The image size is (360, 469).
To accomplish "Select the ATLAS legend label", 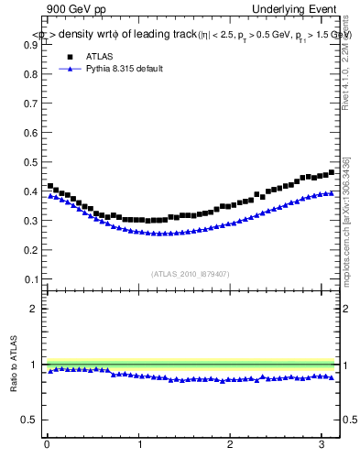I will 100,56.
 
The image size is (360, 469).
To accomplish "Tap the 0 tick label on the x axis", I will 47,446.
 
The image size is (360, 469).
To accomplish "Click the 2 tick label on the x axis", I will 231,446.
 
